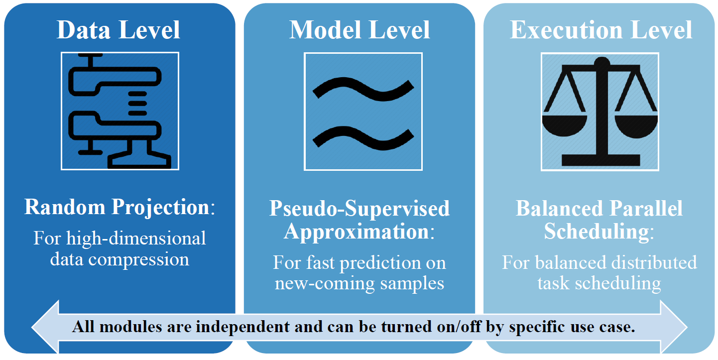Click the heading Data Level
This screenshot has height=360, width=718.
pos(119,30)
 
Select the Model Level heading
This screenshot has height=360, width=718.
pos(359,30)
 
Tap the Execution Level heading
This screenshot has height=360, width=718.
pos(601,30)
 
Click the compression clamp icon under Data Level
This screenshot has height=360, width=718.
pos(120,111)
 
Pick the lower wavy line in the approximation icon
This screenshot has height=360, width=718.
pos(363,136)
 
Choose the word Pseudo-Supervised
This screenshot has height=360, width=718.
pos(359,209)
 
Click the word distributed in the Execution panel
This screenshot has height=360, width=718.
pos(651,262)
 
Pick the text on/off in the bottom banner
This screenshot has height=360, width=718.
pos(456,327)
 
